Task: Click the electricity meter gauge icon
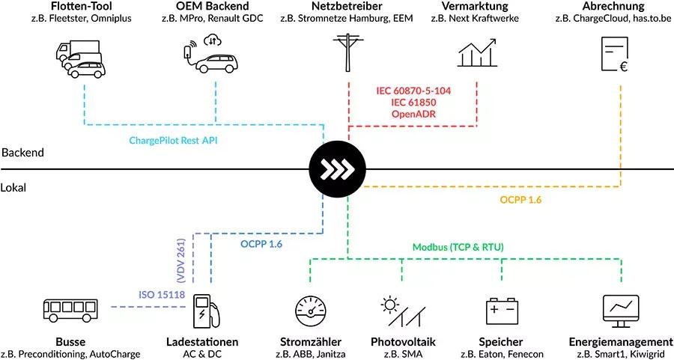(x=310, y=311)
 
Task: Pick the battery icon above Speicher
(x=503, y=310)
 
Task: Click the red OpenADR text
(x=413, y=114)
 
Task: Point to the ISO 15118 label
(x=162, y=294)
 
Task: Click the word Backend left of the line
(x=22, y=152)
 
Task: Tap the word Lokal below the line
(x=14, y=188)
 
